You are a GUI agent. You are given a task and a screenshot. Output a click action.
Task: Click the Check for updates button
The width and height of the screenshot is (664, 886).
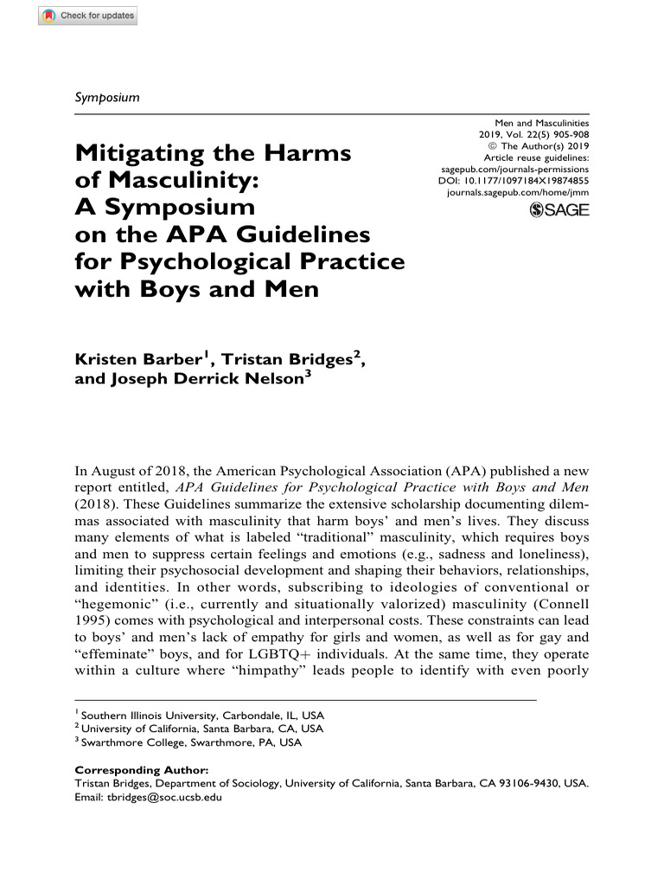87,16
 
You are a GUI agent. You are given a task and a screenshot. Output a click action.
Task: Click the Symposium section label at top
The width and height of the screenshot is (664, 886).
107,97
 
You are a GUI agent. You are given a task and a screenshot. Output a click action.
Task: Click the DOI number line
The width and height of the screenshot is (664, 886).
514,181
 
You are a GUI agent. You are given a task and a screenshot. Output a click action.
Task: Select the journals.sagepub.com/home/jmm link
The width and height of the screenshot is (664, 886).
517,193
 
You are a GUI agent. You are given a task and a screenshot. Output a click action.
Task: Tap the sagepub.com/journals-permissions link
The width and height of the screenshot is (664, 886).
514,170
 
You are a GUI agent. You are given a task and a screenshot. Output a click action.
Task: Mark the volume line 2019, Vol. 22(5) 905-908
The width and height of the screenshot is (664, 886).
533,136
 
